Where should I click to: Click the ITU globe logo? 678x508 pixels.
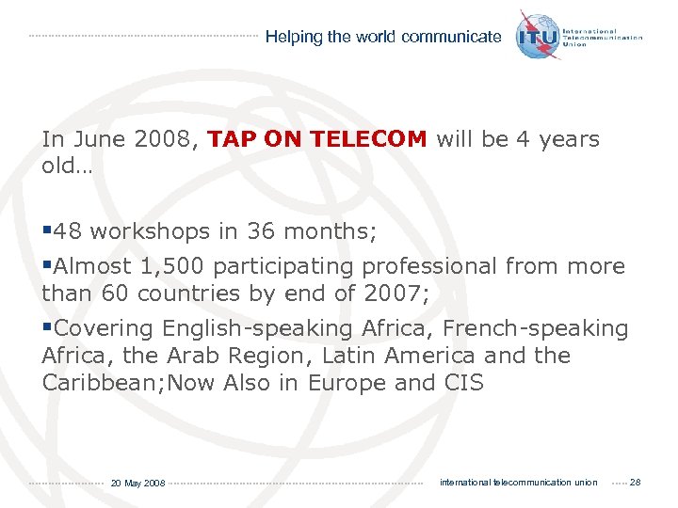pos(538,35)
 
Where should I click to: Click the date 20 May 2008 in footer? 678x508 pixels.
pos(137,483)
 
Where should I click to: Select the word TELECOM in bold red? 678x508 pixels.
pos(368,139)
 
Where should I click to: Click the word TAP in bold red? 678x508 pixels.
pos(230,139)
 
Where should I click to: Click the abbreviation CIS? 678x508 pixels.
pos(462,383)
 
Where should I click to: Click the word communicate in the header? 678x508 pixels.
pos(451,37)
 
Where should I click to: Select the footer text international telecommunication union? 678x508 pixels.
pos(518,483)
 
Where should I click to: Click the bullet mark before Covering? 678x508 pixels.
pos(47,328)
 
